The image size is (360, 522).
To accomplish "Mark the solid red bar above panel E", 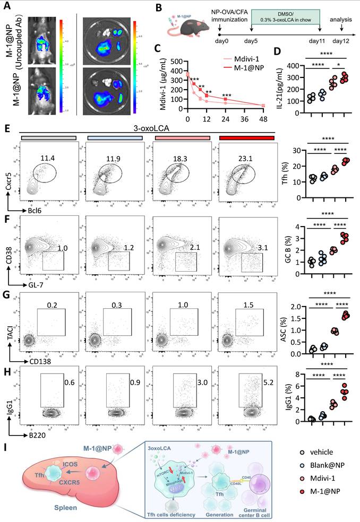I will pyautogui.click(x=246, y=138).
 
